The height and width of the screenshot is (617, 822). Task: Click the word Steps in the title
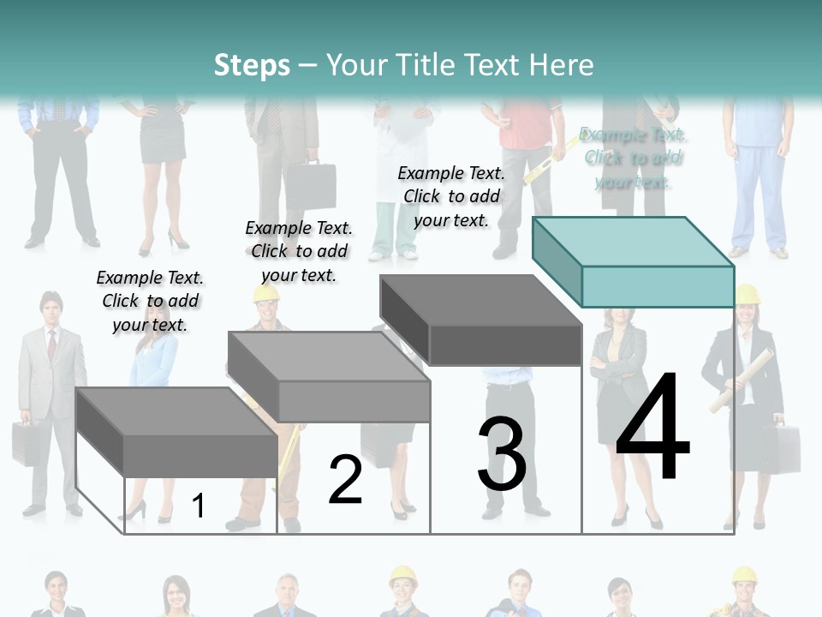pos(252,65)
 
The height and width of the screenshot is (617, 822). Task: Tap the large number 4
pos(652,428)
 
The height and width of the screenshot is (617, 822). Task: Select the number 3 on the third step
pos(502,454)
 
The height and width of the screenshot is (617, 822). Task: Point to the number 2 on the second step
pos(345,480)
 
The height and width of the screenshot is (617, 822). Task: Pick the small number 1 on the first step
pos(198,506)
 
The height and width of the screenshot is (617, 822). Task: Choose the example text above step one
pos(150,301)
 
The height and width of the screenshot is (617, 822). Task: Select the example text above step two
pos(299,251)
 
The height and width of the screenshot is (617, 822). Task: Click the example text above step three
pos(451,196)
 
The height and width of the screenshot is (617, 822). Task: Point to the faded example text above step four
pos(633,158)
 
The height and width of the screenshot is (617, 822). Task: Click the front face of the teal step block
pos(658,286)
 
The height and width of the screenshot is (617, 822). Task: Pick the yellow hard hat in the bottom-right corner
pos(744,576)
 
